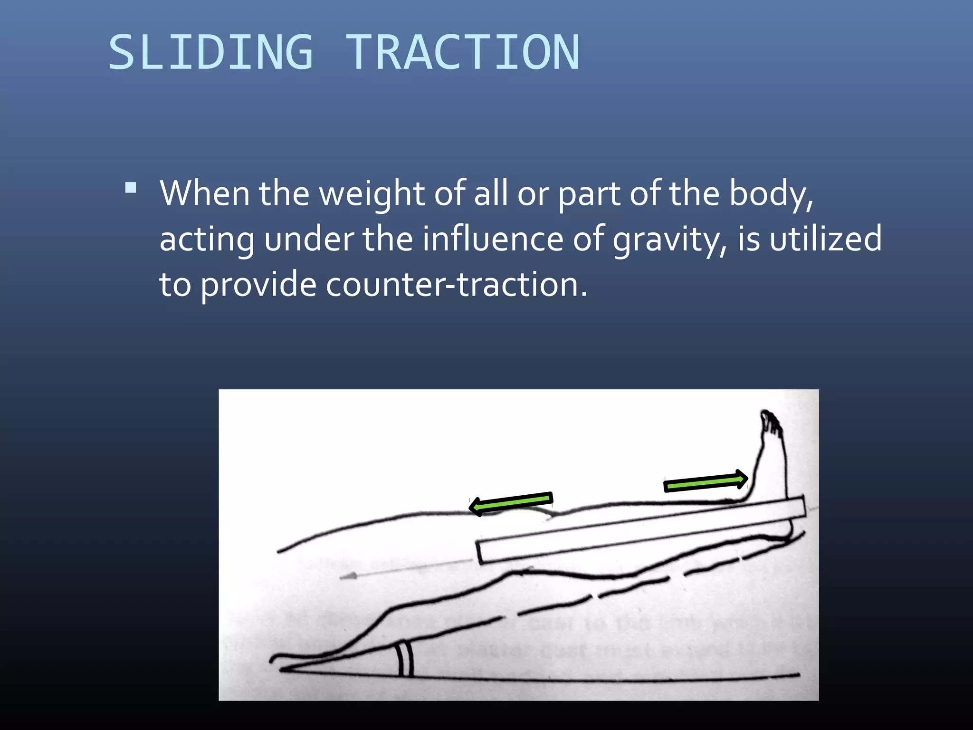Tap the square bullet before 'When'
click(x=131, y=188)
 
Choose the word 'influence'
click(x=493, y=239)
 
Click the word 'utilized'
click(x=826, y=239)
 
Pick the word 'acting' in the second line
click(x=207, y=240)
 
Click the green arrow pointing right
click(x=706, y=481)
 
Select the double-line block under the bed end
click(x=405, y=659)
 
